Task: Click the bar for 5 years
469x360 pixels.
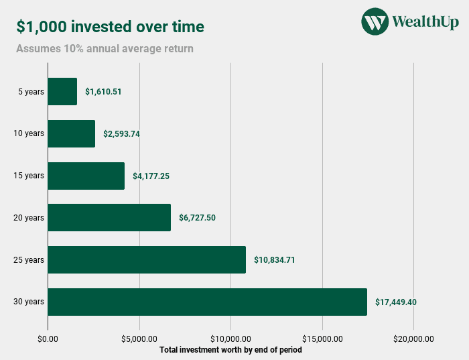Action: pos(62,91)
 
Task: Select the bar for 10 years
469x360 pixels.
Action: pos(72,133)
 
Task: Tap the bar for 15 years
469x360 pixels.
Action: pos(86,176)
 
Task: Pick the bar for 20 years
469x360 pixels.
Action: pos(109,217)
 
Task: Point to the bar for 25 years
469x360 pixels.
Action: pos(147,259)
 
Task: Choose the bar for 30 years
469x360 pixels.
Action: pos(207,302)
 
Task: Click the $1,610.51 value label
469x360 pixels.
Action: pos(103,91)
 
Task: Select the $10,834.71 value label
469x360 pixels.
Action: pos(275,259)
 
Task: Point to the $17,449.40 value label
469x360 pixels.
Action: pos(396,302)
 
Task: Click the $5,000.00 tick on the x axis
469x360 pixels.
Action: pos(139,338)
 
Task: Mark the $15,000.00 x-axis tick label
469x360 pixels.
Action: pos(322,338)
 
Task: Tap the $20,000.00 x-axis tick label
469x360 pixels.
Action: pos(413,338)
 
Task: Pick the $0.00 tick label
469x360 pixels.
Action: pos(48,338)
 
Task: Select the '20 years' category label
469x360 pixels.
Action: pos(29,217)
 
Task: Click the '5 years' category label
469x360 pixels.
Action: pos(31,91)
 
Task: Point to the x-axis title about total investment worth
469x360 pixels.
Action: pos(230,349)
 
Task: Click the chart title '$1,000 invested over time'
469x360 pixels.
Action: pos(111,27)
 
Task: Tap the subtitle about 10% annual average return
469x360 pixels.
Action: pos(105,48)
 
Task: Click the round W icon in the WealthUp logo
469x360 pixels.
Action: pos(375,21)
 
